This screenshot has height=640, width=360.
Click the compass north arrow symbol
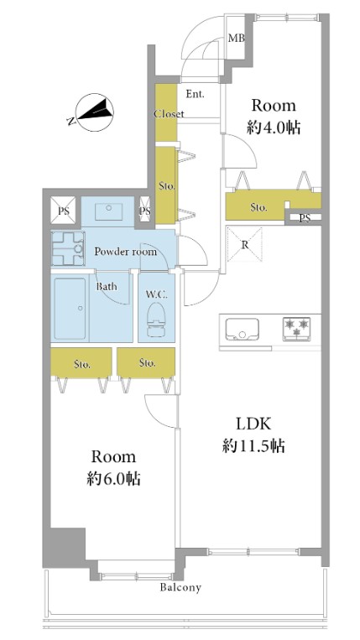[96, 112]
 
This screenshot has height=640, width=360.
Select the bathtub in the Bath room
[70, 309]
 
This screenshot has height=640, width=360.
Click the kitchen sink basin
[243, 329]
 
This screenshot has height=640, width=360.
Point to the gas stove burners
[297, 329]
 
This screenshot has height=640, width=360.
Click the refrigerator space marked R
[244, 245]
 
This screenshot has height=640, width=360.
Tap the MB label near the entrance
[237, 39]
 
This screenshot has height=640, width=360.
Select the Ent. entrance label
[196, 94]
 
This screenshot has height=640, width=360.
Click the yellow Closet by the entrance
[165, 112]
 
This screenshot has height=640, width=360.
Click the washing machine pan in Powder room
[68, 248]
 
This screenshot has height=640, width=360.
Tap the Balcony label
[180, 588]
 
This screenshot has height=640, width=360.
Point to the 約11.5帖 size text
[253, 445]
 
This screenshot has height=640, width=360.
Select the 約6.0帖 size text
[113, 478]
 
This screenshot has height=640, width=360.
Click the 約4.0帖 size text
[274, 127]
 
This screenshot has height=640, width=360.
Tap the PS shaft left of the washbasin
[63, 211]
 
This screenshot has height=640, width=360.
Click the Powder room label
[126, 252]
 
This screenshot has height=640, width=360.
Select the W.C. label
[155, 294]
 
